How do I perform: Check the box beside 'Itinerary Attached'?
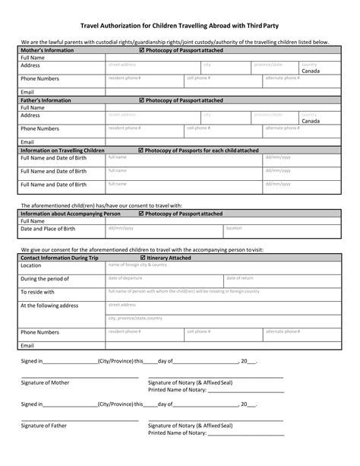pyautogui.click(x=143, y=258)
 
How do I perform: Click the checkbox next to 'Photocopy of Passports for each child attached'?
pyautogui.click(x=142, y=151)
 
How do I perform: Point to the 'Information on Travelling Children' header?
pyautogui.click(x=62, y=151)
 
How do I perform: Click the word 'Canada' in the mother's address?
pyautogui.click(x=311, y=71)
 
